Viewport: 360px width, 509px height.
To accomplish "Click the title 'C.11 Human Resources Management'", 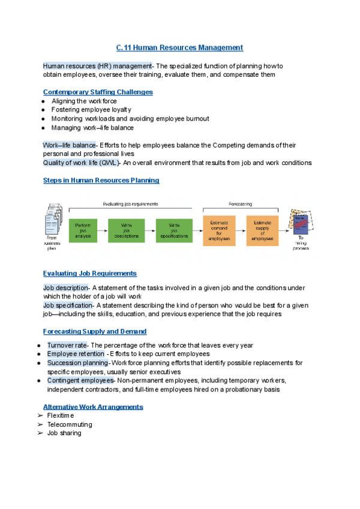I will click(x=179, y=47).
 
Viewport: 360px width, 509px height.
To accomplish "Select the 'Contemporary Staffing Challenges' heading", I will click(x=98, y=92).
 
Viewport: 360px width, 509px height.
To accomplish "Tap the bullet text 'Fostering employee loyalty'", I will click(x=91, y=110).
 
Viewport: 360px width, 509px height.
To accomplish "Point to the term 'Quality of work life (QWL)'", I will click(x=81, y=163).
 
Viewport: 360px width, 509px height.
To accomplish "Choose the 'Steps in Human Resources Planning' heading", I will click(x=101, y=180).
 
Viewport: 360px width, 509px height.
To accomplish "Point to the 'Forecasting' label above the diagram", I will click(x=240, y=203).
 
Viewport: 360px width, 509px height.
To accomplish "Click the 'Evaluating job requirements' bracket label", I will click(x=130, y=203).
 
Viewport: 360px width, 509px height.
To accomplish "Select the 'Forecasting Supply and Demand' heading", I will click(x=95, y=331).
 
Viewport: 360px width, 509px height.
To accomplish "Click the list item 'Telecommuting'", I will click(x=70, y=424).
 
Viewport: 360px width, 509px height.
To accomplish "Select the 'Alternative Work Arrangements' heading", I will click(x=93, y=407).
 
